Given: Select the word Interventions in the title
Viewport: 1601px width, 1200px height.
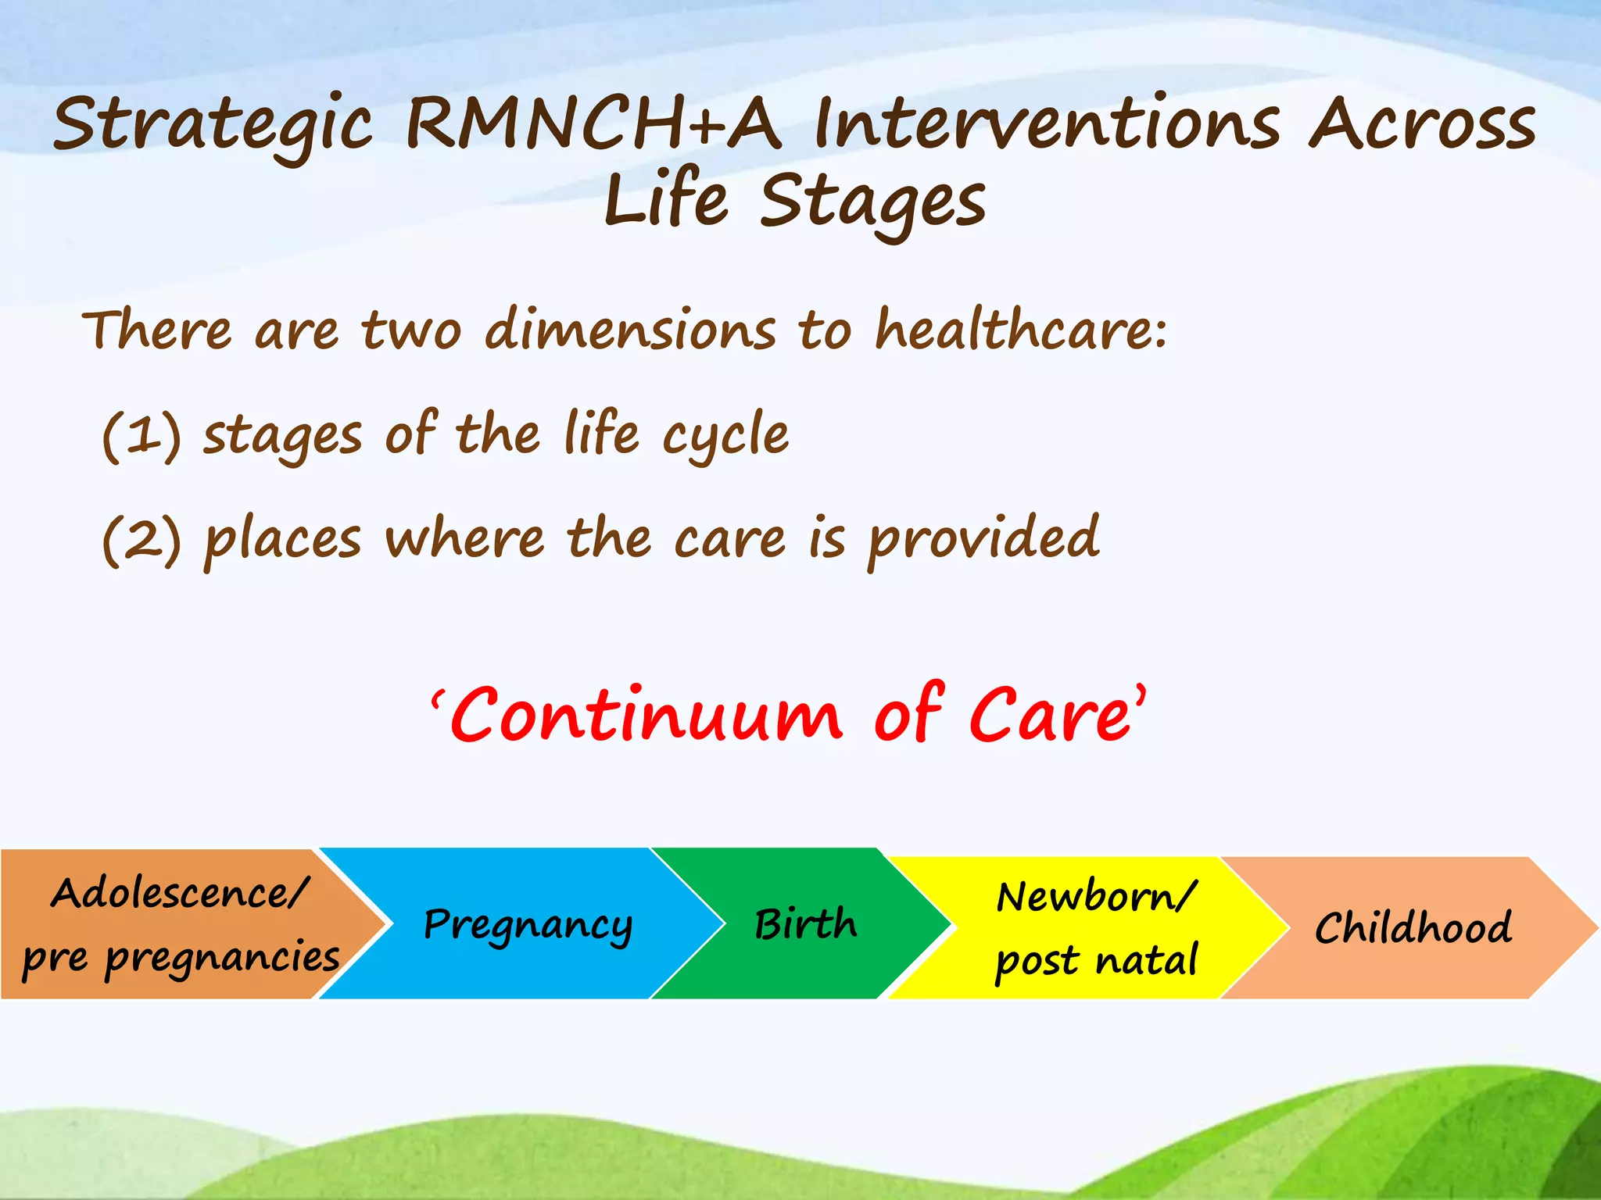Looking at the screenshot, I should tap(1047, 123).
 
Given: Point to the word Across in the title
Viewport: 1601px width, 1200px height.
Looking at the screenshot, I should tap(1423, 123).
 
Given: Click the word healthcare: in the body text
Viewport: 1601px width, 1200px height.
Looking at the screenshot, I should tap(1020, 330).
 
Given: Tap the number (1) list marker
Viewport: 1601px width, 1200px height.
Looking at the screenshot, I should tap(141, 435).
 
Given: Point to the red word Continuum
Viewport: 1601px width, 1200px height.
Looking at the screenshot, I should tap(646, 716).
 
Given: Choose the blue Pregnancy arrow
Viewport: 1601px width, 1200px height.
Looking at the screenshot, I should tap(528, 925).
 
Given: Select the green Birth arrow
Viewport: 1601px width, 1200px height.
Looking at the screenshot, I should tap(805, 925).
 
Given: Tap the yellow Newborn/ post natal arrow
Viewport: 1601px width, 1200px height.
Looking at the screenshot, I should tap(1094, 928).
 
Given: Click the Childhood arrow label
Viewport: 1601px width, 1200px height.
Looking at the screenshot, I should tap(1413, 928).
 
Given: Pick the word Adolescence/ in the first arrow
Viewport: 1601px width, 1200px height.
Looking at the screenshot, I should tap(180, 893).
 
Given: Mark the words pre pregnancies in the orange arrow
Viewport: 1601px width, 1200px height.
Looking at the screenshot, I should tap(181, 958).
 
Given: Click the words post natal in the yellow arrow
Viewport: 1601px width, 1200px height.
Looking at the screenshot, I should tap(1096, 961).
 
